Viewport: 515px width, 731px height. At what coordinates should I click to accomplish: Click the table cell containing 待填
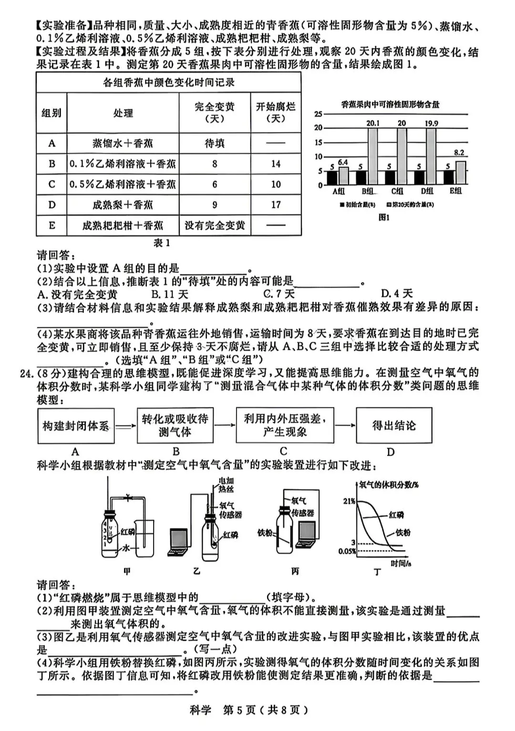point(214,143)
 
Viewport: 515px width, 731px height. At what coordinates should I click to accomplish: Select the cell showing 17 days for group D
point(276,205)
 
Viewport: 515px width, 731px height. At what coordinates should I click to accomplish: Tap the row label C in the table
point(52,184)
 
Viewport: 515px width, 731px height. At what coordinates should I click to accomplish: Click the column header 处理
point(123,113)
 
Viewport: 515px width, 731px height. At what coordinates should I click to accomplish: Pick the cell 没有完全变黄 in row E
point(215,225)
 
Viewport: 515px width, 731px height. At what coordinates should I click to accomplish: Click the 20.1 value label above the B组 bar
point(372,123)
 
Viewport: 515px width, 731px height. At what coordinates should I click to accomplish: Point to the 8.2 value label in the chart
point(459,153)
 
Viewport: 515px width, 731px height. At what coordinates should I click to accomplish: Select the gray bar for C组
point(402,157)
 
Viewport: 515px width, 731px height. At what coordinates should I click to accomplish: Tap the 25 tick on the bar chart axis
point(318,114)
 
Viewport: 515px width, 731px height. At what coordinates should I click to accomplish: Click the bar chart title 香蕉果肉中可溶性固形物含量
point(390,104)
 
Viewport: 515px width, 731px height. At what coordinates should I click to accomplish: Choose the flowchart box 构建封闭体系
point(76,426)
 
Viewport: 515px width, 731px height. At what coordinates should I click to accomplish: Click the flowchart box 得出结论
point(394,426)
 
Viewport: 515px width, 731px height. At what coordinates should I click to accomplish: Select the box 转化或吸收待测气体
point(175,426)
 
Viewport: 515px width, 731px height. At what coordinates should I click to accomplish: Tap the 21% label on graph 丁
point(349,501)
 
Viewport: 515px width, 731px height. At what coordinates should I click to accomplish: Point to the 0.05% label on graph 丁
point(347,551)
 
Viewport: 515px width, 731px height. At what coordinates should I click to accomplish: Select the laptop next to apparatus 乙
point(179,542)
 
